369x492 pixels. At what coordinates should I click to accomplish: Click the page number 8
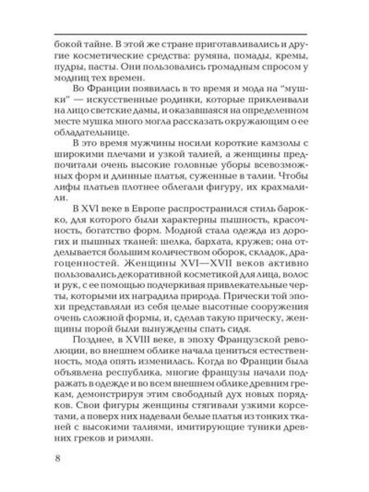click(57, 457)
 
